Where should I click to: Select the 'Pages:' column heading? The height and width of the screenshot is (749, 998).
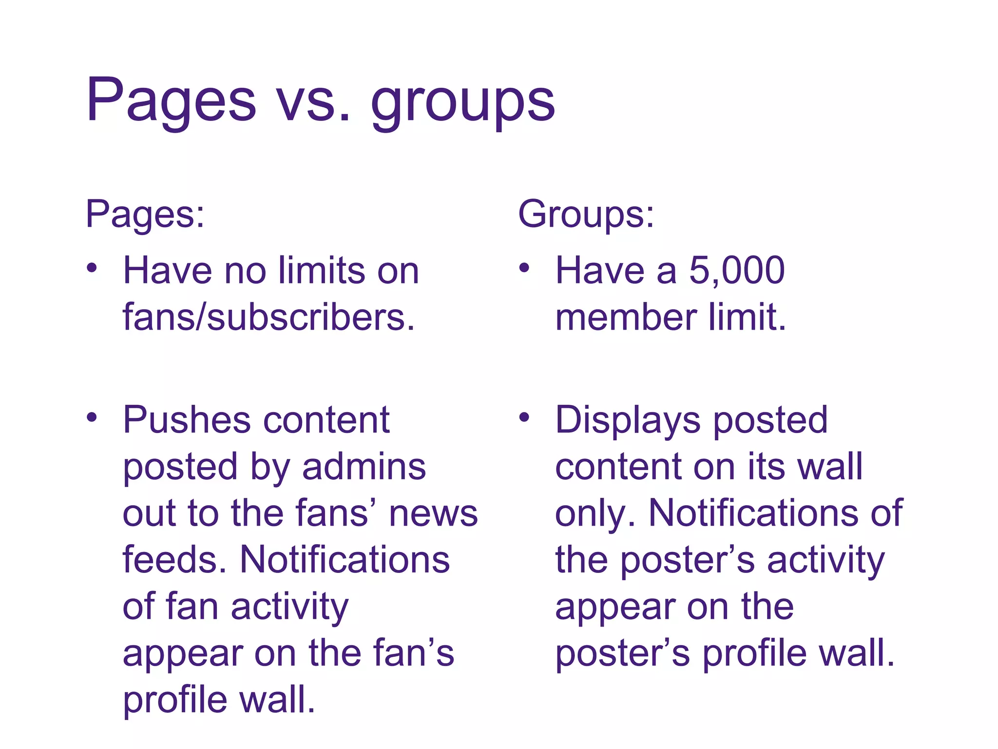pyautogui.click(x=145, y=215)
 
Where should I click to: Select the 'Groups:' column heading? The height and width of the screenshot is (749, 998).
pyautogui.click(x=586, y=215)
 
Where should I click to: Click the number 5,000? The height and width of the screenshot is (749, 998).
pyautogui.click(x=736, y=271)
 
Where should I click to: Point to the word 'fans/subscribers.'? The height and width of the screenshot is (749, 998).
pyautogui.click(x=269, y=317)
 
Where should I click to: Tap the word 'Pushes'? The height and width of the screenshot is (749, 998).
pyautogui.click(x=188, y=420)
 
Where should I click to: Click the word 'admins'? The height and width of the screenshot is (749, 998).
pyautogui.click(x=364, y=467)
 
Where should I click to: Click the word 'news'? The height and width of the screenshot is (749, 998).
pyautogui.click(x=433, y=514)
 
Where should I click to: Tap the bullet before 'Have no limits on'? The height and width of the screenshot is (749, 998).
pyautogui.click(x=92, y=268)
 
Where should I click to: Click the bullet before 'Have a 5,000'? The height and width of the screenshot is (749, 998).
pyautogui.click(x=524, y=268)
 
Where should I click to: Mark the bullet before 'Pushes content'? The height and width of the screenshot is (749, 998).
pyautogui.click(x=92, y=417)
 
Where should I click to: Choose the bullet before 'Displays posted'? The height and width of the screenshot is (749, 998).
pyautogui.click(x=524, y=417)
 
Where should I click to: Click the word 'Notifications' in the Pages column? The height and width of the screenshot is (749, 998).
pyautogui.click(x=345, y=560)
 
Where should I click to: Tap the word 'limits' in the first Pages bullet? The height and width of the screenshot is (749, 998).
pyautogui.click(x=322, y=271)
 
